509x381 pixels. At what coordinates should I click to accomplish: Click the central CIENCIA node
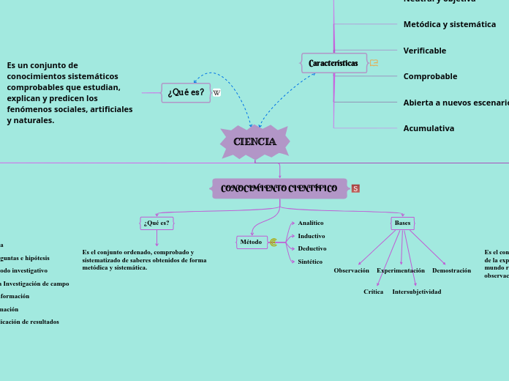pyautogui.click(x=254, y=142)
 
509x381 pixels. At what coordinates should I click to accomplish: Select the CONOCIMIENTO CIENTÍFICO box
pyautogui.click(x=279, y=188)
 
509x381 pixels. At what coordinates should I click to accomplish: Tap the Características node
pyautogui.click(x=333, y=63)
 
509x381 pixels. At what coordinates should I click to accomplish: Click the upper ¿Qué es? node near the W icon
pyautogui.click(x=186, y=92)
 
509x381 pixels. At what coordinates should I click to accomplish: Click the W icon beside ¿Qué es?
pyautogui.click(x=216, y=93)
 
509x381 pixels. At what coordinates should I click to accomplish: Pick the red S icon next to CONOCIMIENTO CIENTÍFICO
pyautogui.click(x=355, y=188)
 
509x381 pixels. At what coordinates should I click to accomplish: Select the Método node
pyautogui.click(x=252, y=242)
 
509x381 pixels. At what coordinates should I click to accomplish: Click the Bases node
pyautogui.click(x=402, y=223)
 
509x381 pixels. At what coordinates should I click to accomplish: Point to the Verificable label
pyautogui.click(x=424, y=51)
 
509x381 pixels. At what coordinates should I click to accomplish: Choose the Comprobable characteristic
pyautogui.click(x=430, y=76)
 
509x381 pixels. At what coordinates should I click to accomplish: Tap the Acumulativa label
pyautogui.click(x=429, y=128)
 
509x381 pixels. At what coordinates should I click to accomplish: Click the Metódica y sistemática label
pyautogui.click(x=449, y=24)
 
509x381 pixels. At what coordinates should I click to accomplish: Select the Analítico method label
pyautogui.click(x=310, y=223)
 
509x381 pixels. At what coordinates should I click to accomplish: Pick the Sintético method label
pyautogui.click(x=310, y=262)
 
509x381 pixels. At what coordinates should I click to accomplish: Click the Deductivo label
pyautogui.click(x=312, y=248)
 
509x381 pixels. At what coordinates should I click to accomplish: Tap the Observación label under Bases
pyautogui.click(x=351, y=270)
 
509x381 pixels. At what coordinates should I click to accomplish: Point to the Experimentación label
pyautogui.click(x=400, y=270)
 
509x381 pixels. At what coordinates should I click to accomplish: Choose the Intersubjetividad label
pyautogui.click(x=416, y=292)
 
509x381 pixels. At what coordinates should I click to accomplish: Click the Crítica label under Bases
pyautogui.click(x=373, y=292)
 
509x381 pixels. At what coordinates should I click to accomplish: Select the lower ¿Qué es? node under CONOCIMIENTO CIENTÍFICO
pyautogui.click(x=157, y=223)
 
